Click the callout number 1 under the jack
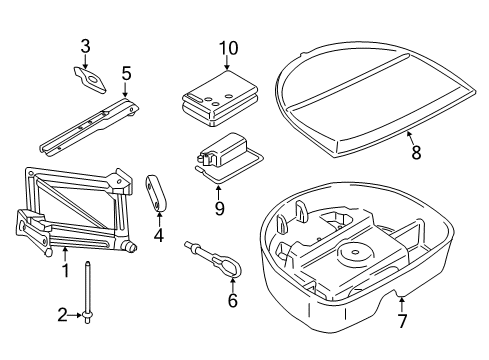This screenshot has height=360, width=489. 66,270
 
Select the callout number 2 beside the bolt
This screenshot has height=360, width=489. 62,315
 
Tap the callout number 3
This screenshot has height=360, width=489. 85,47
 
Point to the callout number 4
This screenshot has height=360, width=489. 159,235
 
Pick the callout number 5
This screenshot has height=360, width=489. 126,74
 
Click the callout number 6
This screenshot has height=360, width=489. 233,300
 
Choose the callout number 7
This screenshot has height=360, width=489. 402,321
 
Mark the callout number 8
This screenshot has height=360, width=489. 416,153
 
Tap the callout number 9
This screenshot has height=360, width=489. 219,209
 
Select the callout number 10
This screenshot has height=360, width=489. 228,48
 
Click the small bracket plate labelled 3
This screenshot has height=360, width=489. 89,79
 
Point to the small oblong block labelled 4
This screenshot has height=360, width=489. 156,193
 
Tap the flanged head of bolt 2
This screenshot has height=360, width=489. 87,316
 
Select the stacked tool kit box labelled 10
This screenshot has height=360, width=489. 220,99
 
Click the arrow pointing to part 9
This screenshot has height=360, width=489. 218,192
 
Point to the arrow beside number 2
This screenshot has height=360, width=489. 74,315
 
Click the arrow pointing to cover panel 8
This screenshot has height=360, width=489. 410,138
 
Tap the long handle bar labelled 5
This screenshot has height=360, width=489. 89,127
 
